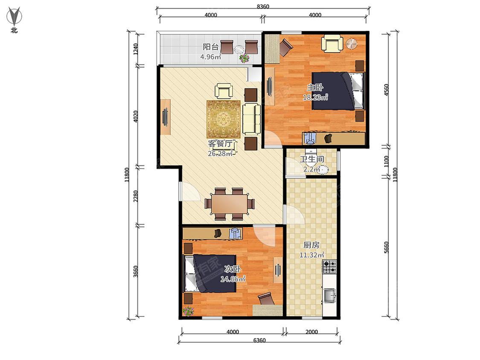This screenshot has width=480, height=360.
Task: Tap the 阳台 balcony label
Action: [x=211, y=47]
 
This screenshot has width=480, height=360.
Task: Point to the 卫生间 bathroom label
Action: [x=311, y=160]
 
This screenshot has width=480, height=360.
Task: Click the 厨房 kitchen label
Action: [x=311, y=245]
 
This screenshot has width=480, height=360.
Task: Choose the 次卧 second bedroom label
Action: [x=233, y=270]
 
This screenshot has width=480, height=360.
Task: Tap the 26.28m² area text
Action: [x=220, y=154]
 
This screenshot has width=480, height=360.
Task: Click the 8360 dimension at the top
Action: [x=263, y=6]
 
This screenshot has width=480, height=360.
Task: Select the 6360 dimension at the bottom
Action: [x=259, y=340]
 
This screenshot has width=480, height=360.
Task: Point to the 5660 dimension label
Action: [x=386, y=247]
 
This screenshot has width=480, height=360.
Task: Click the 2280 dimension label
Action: [x=136, y=196]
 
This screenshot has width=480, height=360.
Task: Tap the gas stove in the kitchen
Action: [x=330, y=266]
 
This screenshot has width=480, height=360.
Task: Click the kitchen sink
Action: [x=330, y=296]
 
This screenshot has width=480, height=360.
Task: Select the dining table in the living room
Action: [x=229, y=204]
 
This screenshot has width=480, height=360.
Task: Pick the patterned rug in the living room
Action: [x=224, y=119]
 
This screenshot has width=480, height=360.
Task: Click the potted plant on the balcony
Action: [x=244, y=58]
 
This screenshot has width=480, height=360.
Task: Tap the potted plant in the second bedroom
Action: [x=188, y=311]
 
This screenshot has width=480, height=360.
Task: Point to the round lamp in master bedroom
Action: [x=352, y=44]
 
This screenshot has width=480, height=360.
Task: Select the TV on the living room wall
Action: [x=165, y=117]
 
